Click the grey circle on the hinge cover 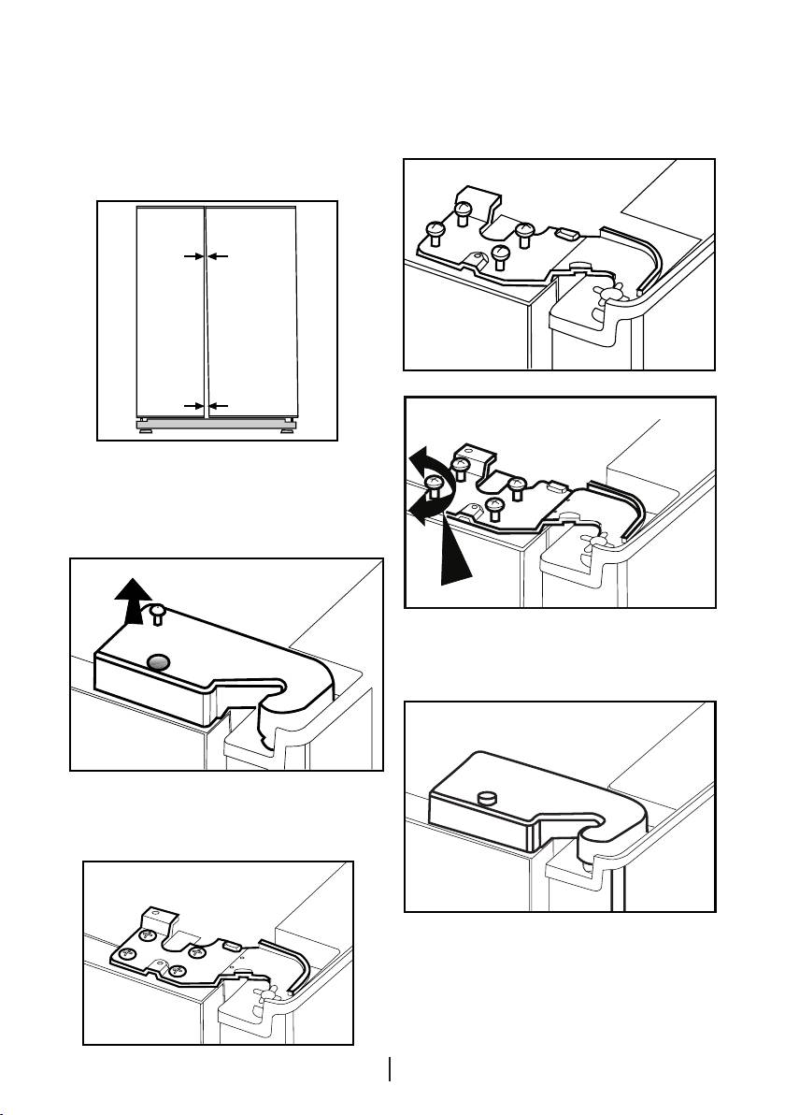[x=159, y=662]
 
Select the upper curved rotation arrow [x=432, y=464]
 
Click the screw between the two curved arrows [x=435, y=485]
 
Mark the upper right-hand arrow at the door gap [x=218, y=254]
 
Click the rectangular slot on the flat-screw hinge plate [x=232, y=948]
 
